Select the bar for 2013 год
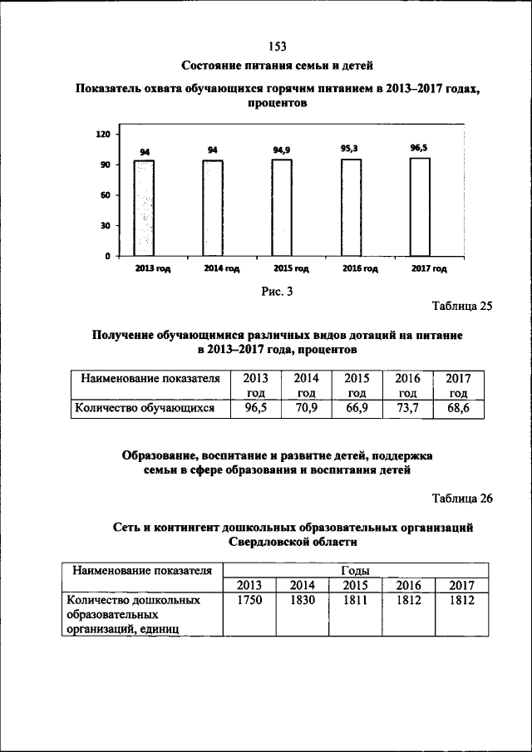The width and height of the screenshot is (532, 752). click(x=145, y=208)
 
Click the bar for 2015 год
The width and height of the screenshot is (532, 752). click(x=282, y=208)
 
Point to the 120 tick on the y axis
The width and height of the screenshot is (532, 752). click(x=104, y=134)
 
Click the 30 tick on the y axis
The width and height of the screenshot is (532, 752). click(x=106, y=226)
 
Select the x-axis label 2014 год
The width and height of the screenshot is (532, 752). click(x=222, y=269)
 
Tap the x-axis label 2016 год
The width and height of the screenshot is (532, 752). click(x=360, y=269)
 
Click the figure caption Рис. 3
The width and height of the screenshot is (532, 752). click(x=277, y=291)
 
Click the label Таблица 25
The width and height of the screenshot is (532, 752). click(x=462, y=306)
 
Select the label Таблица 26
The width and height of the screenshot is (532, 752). click(x=462, y=499)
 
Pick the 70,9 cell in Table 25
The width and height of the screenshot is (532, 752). click(x=307, y=408)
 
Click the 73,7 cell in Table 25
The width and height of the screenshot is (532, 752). click(x=407, y=408)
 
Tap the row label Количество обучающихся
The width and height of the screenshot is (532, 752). click(x=145, y=408)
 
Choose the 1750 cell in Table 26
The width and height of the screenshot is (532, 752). click(x=249, y=600)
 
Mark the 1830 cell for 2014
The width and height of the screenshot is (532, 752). click(x=303, y=600)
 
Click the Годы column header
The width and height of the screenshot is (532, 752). click(x=356, y=570)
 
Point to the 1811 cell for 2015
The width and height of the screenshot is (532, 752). click(x=356, y=600)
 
